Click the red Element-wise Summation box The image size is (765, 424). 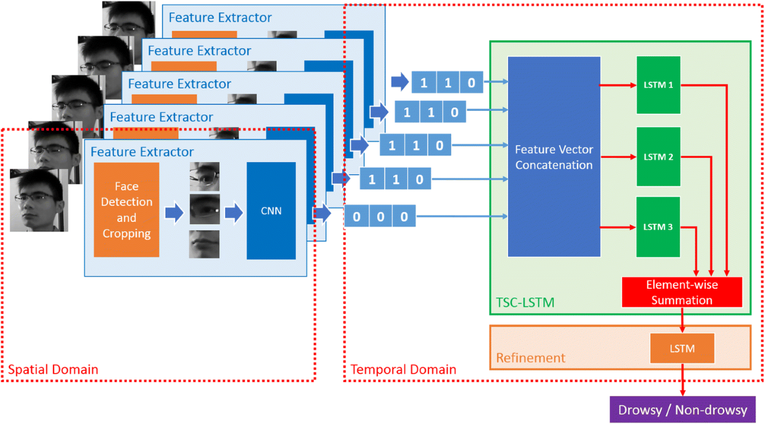coord(682,292)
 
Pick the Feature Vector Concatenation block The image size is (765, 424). coord(554,157)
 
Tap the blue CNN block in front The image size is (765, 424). coord(271,210)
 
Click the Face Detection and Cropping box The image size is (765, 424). coord(126,210)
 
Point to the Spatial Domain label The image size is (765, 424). coord(53,369)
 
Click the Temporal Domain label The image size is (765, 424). coord(403,369)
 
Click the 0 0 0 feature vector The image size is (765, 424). coord(380,216)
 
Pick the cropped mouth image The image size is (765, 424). coord(205,244)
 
